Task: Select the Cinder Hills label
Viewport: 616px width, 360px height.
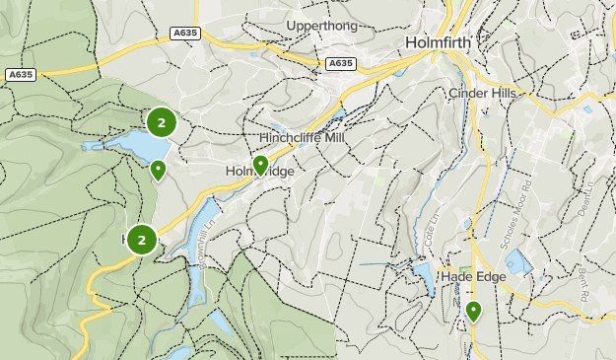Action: pyautogui.click(x=483, y=93)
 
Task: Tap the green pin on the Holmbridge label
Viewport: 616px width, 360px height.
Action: pyautogui.click(x=260, y=165)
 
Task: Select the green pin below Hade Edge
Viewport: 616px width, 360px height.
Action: pyautogui.click(x=474, y=312)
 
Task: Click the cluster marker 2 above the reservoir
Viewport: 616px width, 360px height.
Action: pyautogui.click(x=162, y=122)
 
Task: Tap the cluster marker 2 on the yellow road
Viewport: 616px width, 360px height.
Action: pyautogui.click(x=143, y=240)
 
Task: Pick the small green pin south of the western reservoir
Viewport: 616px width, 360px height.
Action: pyautogui.click(x=158, y=171)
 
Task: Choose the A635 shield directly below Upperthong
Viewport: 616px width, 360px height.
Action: pyautogui.click(x=340, y=63)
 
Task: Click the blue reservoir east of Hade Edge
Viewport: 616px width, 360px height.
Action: pyautogui.click(x=516, y=262)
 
